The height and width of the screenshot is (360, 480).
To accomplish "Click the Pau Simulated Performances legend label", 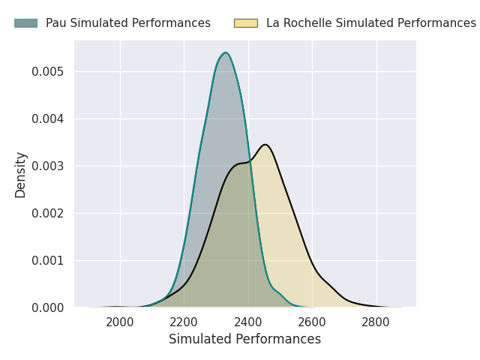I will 128,23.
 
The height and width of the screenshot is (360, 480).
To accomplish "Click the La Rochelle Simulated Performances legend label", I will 370,23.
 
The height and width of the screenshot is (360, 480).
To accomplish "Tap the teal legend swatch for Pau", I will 25,23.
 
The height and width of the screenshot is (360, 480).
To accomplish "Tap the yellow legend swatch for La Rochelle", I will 246,23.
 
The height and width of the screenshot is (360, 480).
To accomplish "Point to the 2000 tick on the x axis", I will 120,322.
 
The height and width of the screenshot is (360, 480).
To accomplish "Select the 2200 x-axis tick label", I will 184,322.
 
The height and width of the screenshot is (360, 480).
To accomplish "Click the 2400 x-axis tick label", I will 248,322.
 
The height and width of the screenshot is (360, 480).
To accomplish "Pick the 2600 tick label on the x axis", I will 313,322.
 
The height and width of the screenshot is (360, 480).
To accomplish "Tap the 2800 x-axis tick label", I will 376,322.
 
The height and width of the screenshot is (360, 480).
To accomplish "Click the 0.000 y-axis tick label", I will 47,307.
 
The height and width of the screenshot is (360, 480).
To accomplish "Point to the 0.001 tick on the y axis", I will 47,260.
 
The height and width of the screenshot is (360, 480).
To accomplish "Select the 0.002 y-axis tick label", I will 47,213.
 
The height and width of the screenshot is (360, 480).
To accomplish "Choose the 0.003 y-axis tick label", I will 47,166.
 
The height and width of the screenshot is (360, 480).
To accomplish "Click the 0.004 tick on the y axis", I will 47,118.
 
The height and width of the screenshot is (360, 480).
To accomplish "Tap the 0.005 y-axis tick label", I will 47,71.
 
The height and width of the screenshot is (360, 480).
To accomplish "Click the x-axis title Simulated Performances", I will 244,339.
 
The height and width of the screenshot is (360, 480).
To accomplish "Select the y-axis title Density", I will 21,174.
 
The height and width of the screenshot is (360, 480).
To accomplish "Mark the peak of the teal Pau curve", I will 225,52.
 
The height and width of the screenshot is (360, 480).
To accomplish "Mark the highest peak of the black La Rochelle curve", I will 265,145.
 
